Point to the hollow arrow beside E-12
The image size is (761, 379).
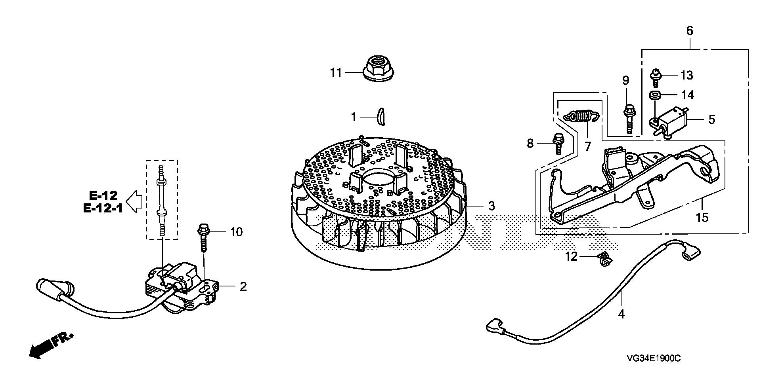[x=136, y=201]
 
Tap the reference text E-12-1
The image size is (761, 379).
[x=103, y=208]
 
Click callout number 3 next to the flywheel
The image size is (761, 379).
[x=491, y=206]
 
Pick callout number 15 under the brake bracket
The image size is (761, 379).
[x=702, y=218]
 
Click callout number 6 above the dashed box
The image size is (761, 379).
[x=690, y=30]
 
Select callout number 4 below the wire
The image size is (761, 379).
[x=621, y=315]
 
